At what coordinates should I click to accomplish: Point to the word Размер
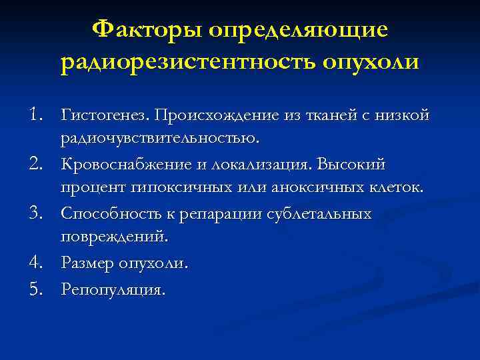click(x=88, y=263)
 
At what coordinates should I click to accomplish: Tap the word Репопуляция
click(x=112, y=289)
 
